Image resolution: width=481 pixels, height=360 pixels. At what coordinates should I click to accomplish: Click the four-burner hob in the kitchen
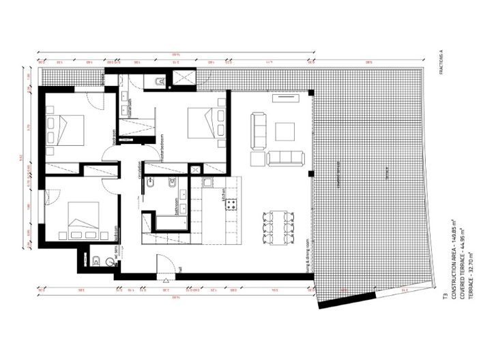tap(231, 204)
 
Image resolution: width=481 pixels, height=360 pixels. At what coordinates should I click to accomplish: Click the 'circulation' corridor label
tap(140, 169)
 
